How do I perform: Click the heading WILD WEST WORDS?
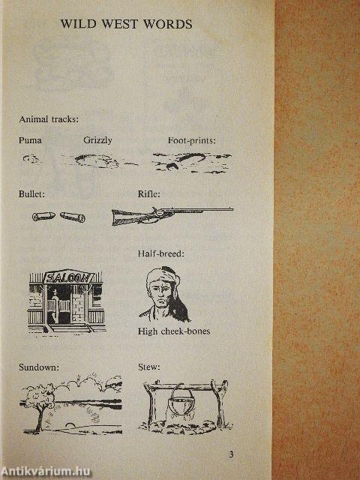pyautogui.click(x=126, y=24)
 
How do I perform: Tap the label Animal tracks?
pyautogui.click(x=49, y=119)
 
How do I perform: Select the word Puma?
pyautogui.click(x=30, y=140)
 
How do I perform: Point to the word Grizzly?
pyautogui.click(x=97, y=140)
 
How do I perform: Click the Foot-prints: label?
pyautogui.click(x=192, y=140)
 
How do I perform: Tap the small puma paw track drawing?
pyautogui.click(x=31, y=158)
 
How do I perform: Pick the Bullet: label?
pyautogui.click(x=31, y=194)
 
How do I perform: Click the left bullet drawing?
pyautogui.click(x=43, y=216)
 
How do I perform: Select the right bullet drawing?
pyautogui.click(x=73, y=217)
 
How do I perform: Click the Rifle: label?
pyautogui.click(x=148, y=194)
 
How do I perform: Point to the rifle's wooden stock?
pyautogui.click(x=125, y=217)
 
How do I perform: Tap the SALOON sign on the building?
pyautogui.click(x=69, y=277)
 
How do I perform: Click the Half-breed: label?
pyautogui.click(x=161, y=253)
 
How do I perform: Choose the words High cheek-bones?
pyautogui.click(x=174, y=331)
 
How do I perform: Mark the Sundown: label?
pyautogui.click(x=39, y=367)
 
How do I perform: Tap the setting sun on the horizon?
pyautogui.click(x=70, y=425)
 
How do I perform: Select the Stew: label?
pyautogui.click(x=148, y=367)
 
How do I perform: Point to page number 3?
pyautogui.click(x=232, y=454)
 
